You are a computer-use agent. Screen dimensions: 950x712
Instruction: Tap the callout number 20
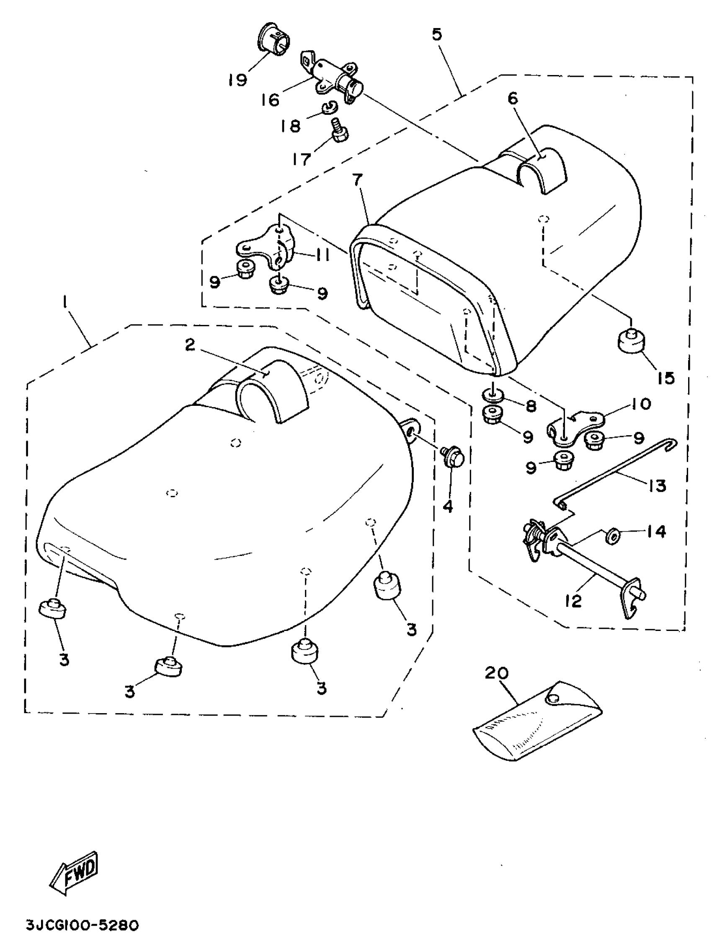tap(497, 672)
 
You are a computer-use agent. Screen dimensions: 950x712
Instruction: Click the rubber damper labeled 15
tap(631, 342)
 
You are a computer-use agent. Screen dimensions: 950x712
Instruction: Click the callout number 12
tap(573, 600)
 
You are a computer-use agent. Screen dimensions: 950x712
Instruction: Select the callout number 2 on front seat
tap(190, 344)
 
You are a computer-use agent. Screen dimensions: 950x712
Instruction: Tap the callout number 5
tap(436, 35)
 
